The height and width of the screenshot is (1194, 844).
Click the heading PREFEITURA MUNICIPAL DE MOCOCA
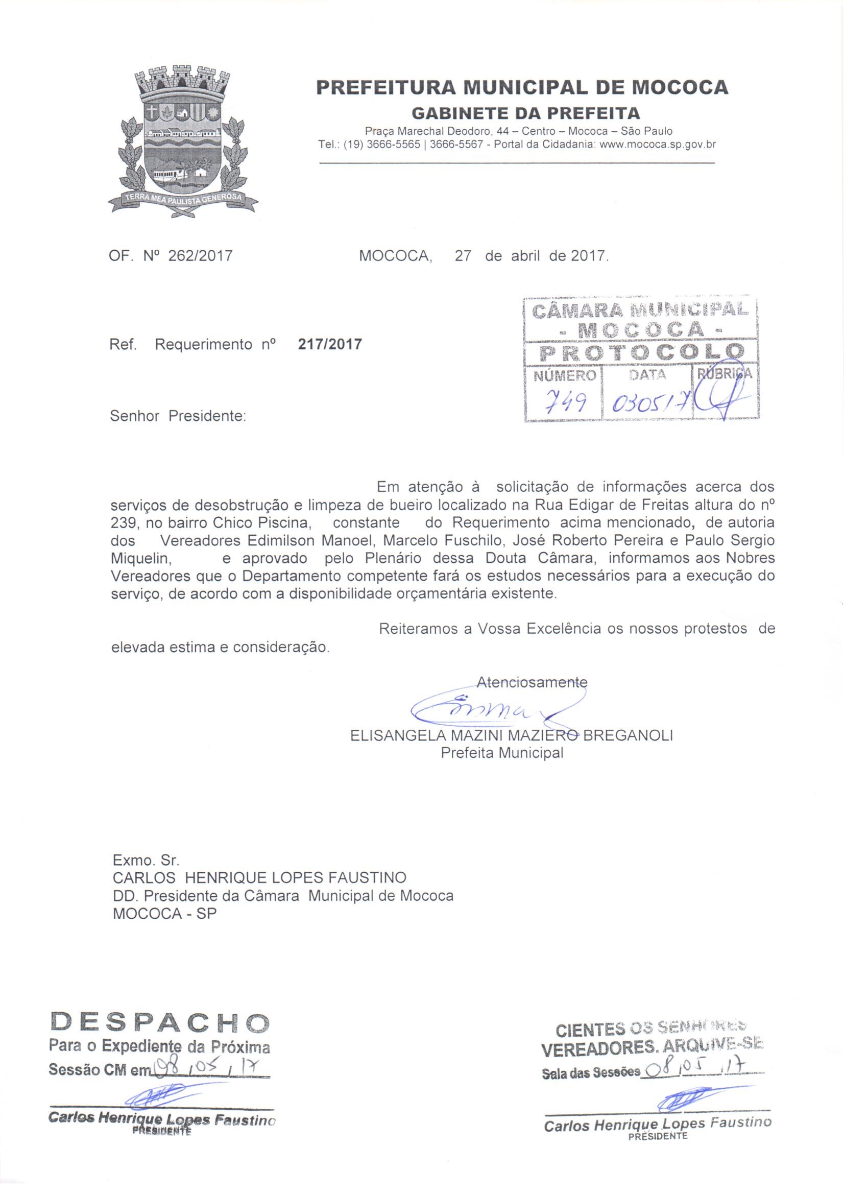[522, 87]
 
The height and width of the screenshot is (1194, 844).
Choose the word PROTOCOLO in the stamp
[642, 353]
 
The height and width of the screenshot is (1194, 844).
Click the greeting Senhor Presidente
[178, 417]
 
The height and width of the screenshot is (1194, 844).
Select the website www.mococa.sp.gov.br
[657, 145]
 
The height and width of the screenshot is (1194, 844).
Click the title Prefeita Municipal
[502, 753]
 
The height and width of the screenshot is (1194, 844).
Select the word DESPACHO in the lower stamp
[160, 1022]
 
